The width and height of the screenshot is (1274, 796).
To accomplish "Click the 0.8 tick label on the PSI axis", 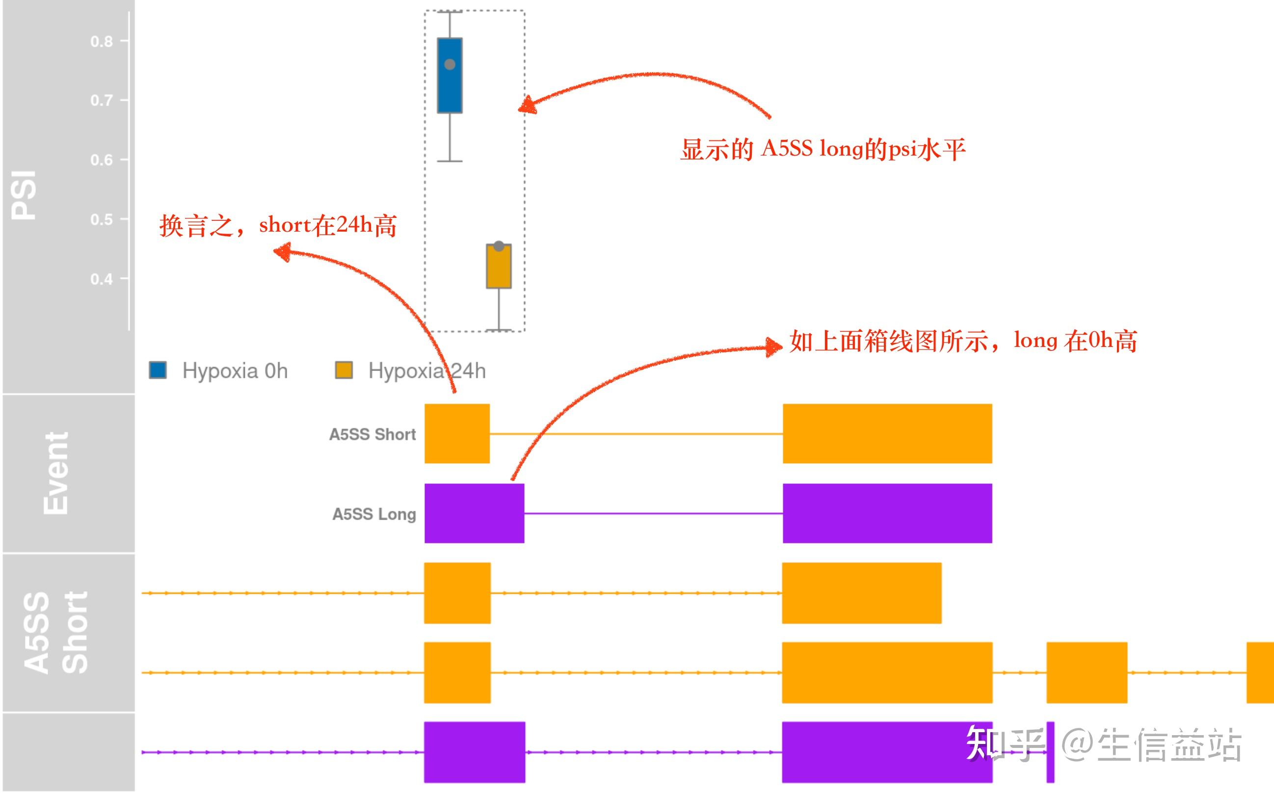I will point(102,41).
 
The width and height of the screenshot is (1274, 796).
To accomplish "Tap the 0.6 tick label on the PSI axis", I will point(102,159).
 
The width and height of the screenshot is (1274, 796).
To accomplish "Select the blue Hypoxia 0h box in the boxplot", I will point(450,89).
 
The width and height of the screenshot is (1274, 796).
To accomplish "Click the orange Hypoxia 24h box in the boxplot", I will point(499,268).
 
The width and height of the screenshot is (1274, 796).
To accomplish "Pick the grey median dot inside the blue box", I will point(450,64).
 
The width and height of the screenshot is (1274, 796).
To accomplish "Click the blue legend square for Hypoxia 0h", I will point(158,370).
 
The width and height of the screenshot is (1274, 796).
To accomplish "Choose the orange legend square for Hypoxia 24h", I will point(344,370).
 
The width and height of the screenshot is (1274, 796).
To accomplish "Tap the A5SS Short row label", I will point(372,434).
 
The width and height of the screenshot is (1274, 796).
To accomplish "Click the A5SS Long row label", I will point(374,514).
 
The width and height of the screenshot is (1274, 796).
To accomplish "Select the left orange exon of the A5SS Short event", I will point(457,434).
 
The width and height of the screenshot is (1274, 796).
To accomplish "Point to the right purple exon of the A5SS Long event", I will point(887,513).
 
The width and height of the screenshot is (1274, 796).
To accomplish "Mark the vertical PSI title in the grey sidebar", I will point(24,195).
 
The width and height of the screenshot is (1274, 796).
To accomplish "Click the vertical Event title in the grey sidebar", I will point(56,473).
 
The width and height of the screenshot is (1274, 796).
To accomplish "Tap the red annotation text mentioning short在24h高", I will point(278,226).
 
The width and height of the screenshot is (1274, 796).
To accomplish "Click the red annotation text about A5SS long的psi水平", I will point(823,150).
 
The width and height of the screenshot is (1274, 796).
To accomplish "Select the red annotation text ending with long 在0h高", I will point(963,341).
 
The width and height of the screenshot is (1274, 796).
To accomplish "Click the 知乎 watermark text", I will point(1005,743).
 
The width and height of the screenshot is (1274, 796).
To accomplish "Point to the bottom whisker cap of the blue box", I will point(450,161).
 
